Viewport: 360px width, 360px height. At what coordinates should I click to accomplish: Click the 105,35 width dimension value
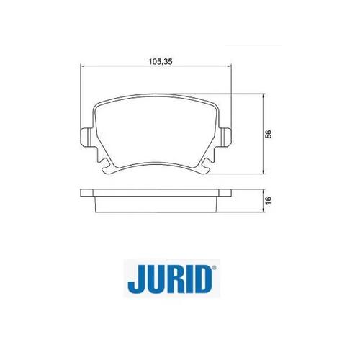[x=161, y=62]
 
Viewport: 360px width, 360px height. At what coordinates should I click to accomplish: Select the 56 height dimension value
[x=269, y=134]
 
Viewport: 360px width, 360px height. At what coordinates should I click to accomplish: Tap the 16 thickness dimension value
[x=269, y=200]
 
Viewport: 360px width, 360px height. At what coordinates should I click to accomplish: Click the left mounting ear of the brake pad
[x=86, y=138]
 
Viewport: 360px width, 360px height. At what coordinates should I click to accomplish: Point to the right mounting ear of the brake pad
[x=226, y=138]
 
